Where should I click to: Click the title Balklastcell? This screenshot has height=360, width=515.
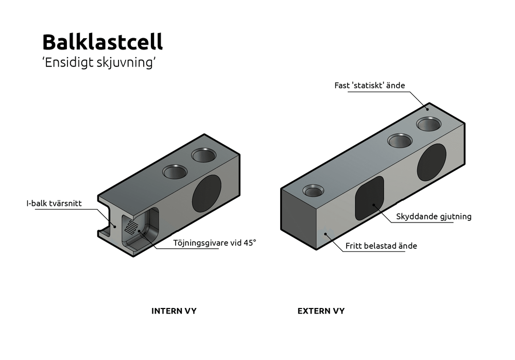[x=102, y=42]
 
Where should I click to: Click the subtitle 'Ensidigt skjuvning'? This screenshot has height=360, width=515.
[x=99, y=62]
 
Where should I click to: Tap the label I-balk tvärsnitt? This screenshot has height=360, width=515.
[x=61, y=203]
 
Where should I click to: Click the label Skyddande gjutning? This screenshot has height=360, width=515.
[x=434, y=216]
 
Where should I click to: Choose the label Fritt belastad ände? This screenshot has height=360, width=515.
[x=380, y=246]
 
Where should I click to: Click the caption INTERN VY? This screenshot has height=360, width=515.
[x=174, y=311]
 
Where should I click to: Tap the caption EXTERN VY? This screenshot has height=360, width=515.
[x=321, y=311]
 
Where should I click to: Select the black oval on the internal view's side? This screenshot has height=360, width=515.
[x=207, y=194]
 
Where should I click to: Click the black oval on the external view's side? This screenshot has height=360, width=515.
[x=432, y=162]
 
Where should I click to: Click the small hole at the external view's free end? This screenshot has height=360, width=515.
[x=313, y=192]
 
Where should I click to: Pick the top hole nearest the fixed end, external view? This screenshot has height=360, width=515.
[x=429, y=124]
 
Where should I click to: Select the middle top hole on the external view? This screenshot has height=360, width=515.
[x=400, y=140]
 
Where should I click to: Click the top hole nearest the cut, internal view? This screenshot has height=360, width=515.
[x=176, y=172]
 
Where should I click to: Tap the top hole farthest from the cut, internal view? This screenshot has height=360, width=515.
[x=204, y=155]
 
